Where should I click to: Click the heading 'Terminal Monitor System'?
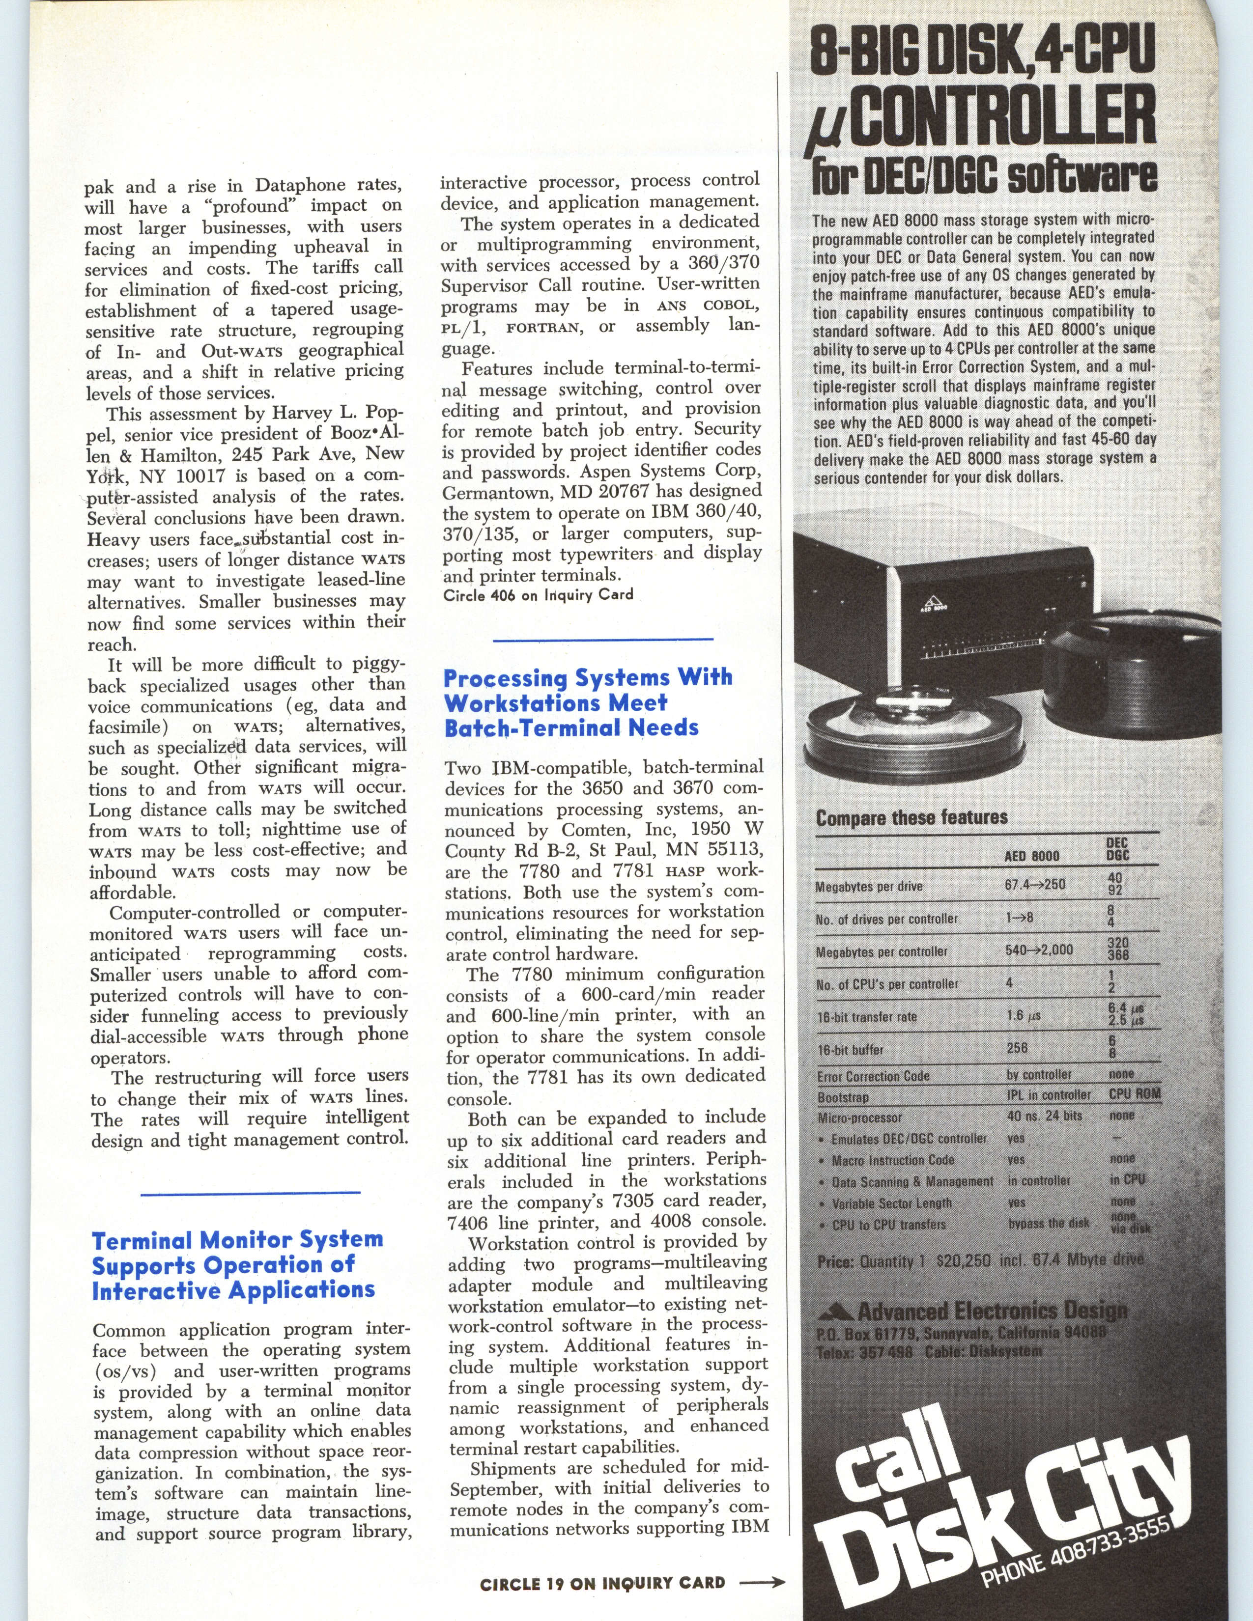pos(237,1239)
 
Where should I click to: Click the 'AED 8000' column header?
pos(1032,856)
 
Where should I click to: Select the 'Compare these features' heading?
pos(911,818)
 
